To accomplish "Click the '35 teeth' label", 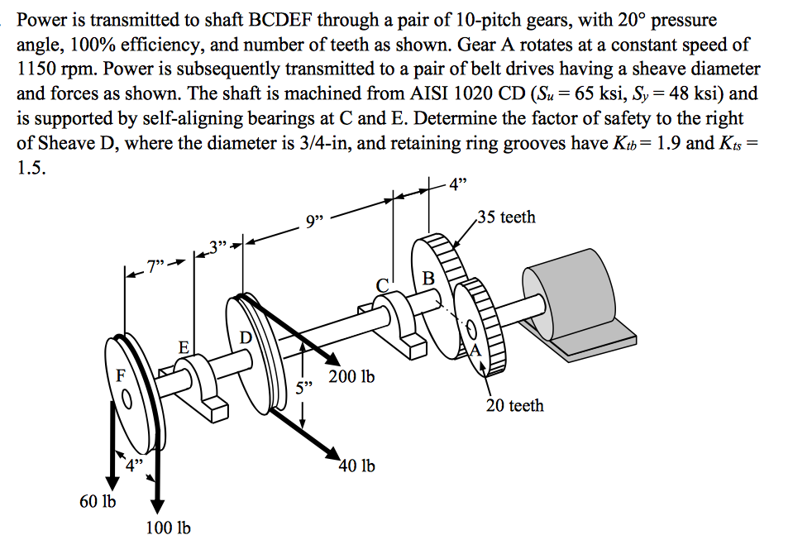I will (x=506, y=217).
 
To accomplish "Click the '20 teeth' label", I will (x=514, y=405).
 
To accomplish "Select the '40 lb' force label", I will (x=356, y=466).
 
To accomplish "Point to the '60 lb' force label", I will (x=98, y=502).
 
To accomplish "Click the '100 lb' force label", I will (x=168, y=528).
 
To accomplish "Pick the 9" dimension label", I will (x=317, y=222).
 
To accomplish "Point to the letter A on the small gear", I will (x=475, y=350).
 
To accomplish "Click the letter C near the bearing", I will (x=382, y=285).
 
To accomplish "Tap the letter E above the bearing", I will (x=184, y=348).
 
